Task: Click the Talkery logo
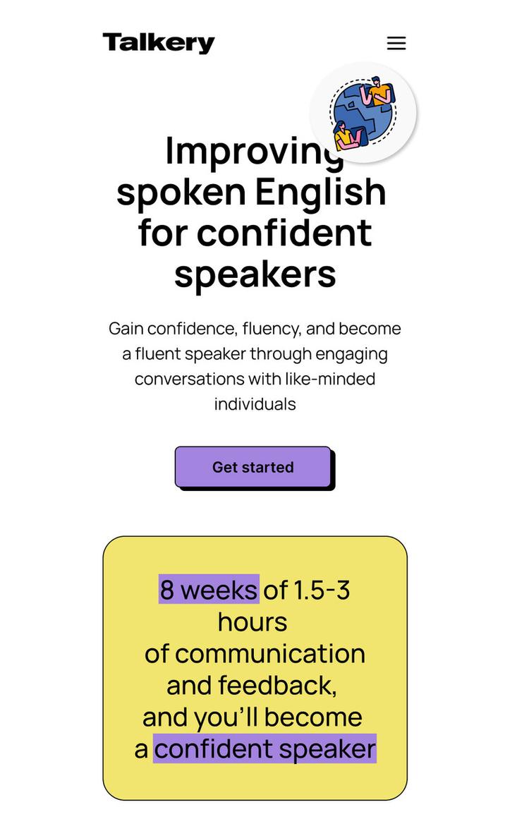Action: pos(159,43)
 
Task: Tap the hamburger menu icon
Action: pos(396,43)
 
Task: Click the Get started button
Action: pos(253,467)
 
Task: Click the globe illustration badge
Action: pos(363,113)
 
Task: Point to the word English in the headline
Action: pos(321,192)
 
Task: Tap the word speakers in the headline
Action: pos(255,274)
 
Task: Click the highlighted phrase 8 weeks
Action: pos(209,590)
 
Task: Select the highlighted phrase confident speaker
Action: pos(264,748)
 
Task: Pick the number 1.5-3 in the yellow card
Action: pos(322,590)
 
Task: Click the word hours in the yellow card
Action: pos(253,622)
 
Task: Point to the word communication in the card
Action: pos(270,654)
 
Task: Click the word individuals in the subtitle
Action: pos(255,404)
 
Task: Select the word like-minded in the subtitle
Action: pos(330,379)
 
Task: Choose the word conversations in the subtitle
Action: pos(189,379)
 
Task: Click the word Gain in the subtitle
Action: pos(126,329)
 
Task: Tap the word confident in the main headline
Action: pos(284,233)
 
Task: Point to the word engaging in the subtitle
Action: pos(351,353)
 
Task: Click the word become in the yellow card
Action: pos(313,717)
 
